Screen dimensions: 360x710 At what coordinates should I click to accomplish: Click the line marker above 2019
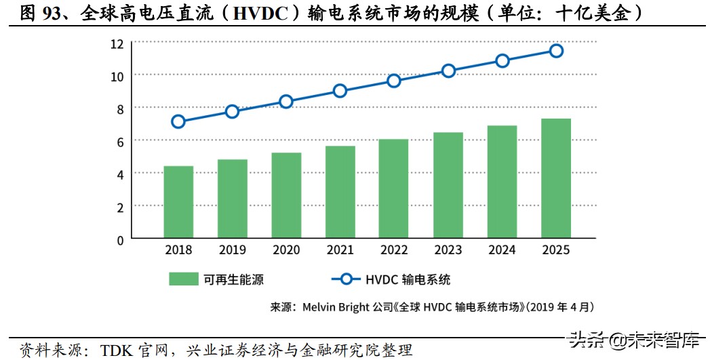pyautogui.click(x=232, y=111)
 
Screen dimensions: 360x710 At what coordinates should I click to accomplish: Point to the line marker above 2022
pyautogui.click(x=394, y=81)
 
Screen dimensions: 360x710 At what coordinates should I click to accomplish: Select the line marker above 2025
pyautogui.click(x=556, y=51)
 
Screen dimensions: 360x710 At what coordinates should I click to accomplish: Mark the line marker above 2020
pyautogui.click(x=286, y=102)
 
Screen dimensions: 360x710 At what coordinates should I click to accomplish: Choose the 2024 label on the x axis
pyautogui.click(x=502, y=250)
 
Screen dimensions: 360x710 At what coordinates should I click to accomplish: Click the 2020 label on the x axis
pyautogui.click(x=286, y=250)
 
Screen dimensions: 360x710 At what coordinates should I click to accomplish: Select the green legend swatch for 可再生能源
pyautogui.click(x=182, y=279)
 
